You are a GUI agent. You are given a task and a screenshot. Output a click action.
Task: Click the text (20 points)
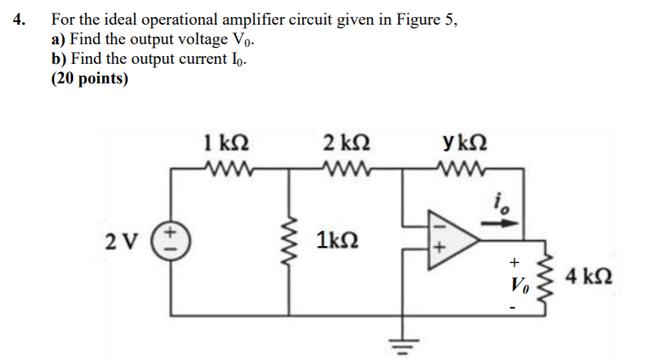coord(89,79)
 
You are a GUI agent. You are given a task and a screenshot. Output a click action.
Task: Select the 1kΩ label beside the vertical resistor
coord(335,239)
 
